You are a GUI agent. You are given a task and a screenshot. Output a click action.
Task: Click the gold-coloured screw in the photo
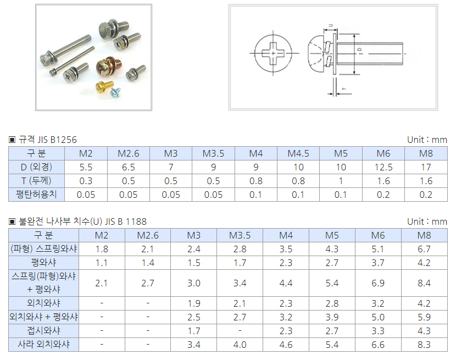103,86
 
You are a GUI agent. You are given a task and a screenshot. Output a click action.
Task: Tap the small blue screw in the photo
115,92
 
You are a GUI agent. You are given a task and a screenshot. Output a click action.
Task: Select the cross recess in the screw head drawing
273,53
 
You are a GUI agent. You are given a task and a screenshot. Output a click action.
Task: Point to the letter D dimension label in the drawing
360,50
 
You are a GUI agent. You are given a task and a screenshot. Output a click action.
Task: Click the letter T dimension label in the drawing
344,88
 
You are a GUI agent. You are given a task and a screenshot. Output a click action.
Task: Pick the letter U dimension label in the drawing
331,26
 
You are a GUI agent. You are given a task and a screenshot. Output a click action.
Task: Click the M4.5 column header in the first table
298,153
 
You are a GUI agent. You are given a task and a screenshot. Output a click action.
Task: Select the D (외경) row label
36,167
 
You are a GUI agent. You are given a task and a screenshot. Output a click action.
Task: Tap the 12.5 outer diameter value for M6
383,167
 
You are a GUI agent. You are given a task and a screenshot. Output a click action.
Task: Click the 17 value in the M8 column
426,167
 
